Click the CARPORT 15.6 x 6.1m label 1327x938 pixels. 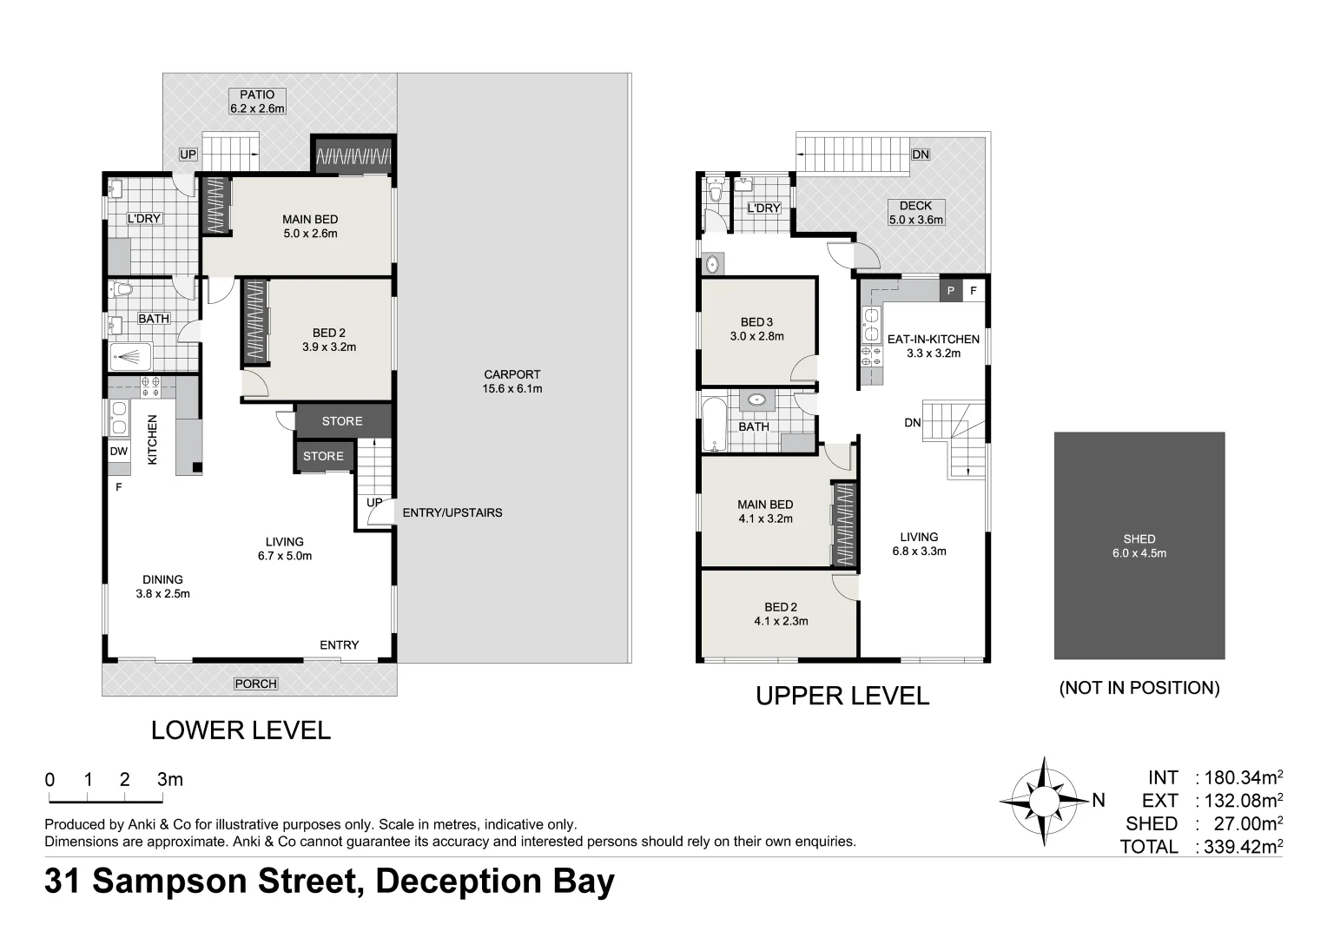click(x=512, y=381)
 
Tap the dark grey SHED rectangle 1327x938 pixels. click(x=1139, y=545)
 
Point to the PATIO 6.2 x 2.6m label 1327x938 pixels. click(x=257, y=102)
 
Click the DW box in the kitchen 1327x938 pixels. click(x=119, y=452)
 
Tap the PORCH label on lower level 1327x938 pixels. click(x=255, y=684)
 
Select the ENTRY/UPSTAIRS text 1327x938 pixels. click(x=452, y=512)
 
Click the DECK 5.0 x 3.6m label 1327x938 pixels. click(x=915, y=213)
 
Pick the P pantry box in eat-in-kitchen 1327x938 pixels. click(x=951, y=291)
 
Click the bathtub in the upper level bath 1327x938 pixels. click(x=714, y=425)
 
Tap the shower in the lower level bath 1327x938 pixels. click(x=131, y=356)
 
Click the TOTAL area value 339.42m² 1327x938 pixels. click(x=1239, y=846)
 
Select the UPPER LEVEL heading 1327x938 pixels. click(x=842, y=696)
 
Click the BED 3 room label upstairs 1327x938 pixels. click(x=756, y=329)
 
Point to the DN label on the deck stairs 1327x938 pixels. click(x=920, y=155)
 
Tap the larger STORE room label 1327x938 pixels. click(x=341, y=421)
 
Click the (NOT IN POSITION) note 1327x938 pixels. click(x=1139, y=688)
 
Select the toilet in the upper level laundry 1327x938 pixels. click(x=716, y=190)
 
